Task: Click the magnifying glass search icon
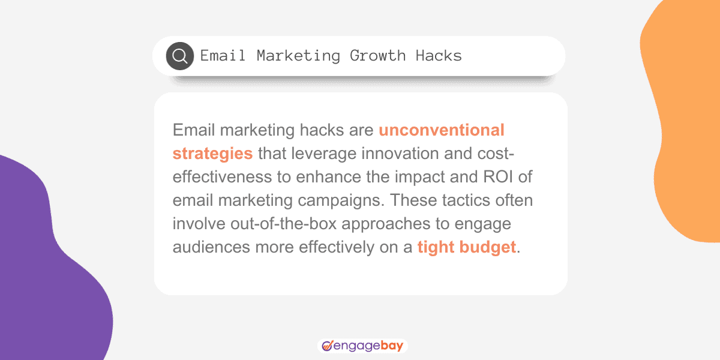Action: pyautogui.click(x=180, y=56)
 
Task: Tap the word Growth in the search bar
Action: pyautogui.click(x=378, y=56)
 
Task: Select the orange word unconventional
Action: pyautogui.click(x=442, y=130)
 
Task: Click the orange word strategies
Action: pyautogui.click(x=212, y=153)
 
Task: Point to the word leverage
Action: pyautogui.click(x=318, y=153)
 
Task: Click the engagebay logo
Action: pyautogui.click(x=362, y=346)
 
